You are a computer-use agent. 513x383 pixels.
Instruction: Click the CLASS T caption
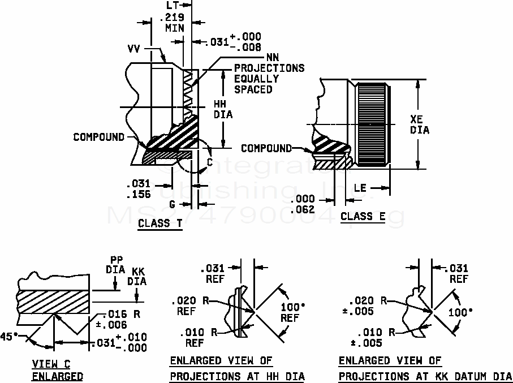click(160, 223)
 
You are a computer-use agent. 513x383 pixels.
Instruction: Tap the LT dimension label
click(173, 5)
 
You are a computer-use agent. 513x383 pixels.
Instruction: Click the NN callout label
click(272, 58)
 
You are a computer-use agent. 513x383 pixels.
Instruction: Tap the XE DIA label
click(419, 124)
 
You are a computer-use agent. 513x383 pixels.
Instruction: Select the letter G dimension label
click(173, 203)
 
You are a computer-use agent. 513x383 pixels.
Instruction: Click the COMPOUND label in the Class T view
click(98, 137)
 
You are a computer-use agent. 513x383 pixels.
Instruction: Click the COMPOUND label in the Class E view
click(266, 148)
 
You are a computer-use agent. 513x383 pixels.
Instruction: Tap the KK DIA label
click(138, 276)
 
